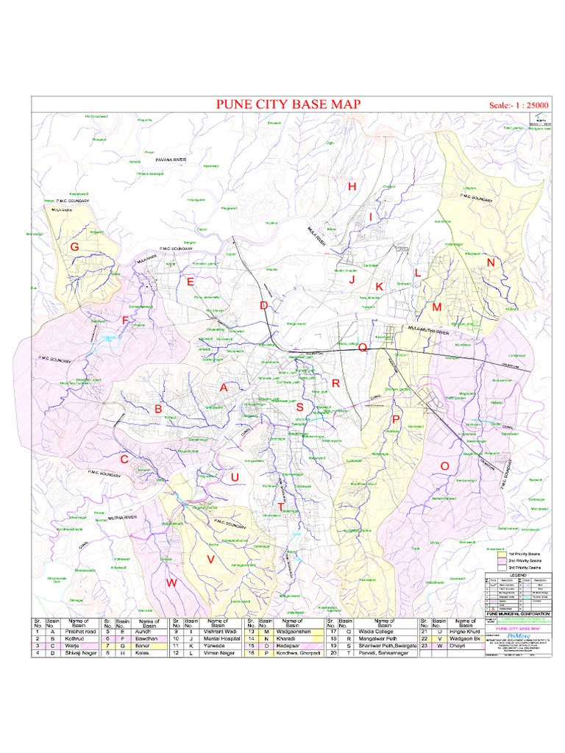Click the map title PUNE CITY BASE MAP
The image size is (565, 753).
pyautogui.click(x=288, y=104)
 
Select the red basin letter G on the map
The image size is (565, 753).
pyautogui.click(x=74, y=247)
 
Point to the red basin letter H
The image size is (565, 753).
pyautogui.click(x=352, y=187)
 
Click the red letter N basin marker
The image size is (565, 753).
pyautogui.click(x=491, y=263)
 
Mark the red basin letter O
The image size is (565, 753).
pyautogui.click(x=444, y=466)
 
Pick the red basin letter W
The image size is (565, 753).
pyautogui.click(x=171, y=583)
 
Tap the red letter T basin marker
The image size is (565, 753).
pyautogui.click(x=280, y=507)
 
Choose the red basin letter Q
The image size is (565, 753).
pyautogui.click(x=362, y=349)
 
